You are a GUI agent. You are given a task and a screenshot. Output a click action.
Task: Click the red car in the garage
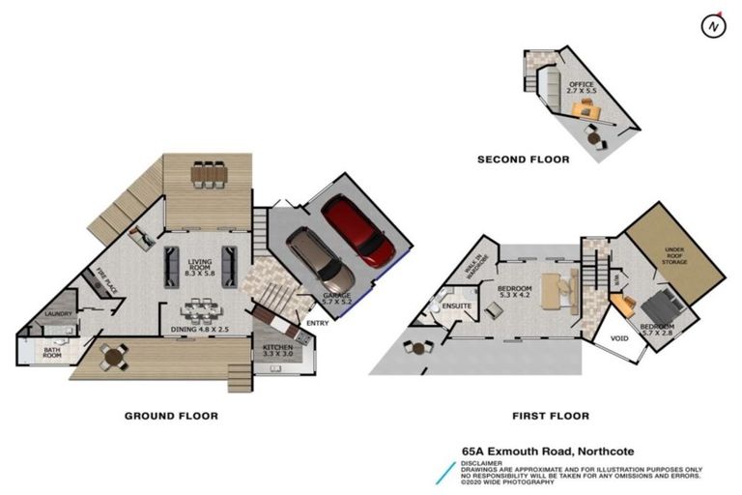tap(358, 230)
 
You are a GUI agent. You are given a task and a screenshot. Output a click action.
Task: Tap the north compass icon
tap(714, 25)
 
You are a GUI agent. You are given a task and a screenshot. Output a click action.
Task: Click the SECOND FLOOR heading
tap(523, 160)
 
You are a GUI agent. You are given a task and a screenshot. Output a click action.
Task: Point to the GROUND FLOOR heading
tap(171, 416)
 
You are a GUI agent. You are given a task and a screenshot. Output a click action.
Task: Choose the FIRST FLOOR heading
tap(550, 416)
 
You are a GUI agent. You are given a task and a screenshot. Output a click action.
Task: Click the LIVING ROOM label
tap(200, 267)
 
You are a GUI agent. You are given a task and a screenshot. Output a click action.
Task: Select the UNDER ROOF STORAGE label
tap(673, 254)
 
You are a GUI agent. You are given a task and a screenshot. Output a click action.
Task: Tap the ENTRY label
tap(317, 323)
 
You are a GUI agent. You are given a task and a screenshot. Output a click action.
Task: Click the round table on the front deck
tap(113, 357)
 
